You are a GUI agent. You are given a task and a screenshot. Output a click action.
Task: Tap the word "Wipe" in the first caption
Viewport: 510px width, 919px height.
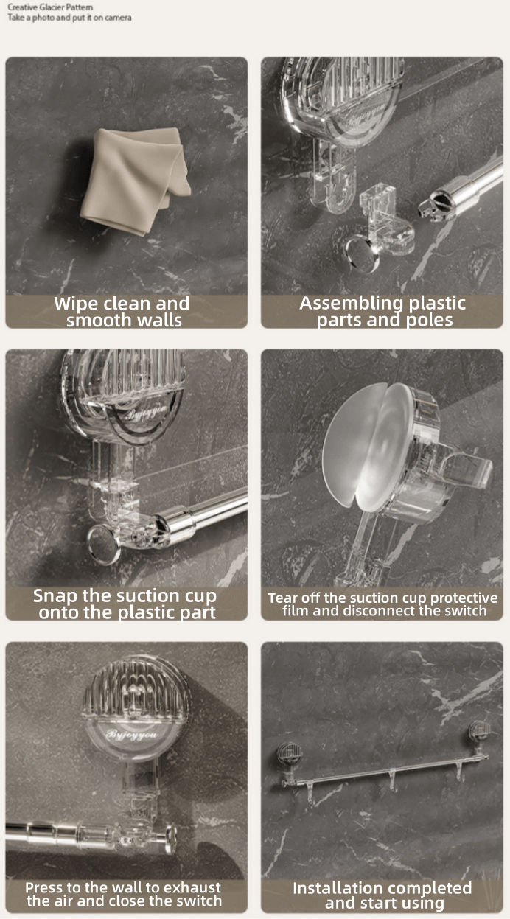click(76, 304)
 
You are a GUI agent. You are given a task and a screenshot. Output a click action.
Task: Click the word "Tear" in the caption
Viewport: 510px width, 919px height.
click(282, 598)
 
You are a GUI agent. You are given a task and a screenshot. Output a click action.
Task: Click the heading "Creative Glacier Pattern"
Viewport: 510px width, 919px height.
click(50, 7)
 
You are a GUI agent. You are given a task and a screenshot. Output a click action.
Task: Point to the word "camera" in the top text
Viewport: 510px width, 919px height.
click(118, 18)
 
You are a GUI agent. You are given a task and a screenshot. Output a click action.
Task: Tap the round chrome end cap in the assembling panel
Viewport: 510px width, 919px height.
click(362, 253)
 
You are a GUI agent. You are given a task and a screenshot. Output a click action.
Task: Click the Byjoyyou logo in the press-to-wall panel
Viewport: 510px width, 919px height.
click(131, 733)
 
